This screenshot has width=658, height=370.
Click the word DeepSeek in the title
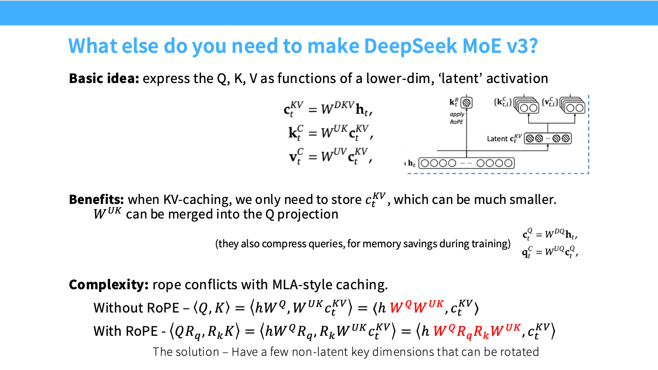(411, 46)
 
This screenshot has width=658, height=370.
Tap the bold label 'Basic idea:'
(104, 78)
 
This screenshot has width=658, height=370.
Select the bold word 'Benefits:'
(96, 200)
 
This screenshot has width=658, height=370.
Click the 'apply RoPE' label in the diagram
(457, 118)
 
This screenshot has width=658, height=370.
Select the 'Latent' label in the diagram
(497, 139)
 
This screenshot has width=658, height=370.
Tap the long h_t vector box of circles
(467, 163)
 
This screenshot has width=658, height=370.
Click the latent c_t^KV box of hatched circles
(548, 138)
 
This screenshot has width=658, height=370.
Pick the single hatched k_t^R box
(467, 103)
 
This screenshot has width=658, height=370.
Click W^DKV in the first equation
(338, 108)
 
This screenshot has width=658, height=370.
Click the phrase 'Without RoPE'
(136, 308)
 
